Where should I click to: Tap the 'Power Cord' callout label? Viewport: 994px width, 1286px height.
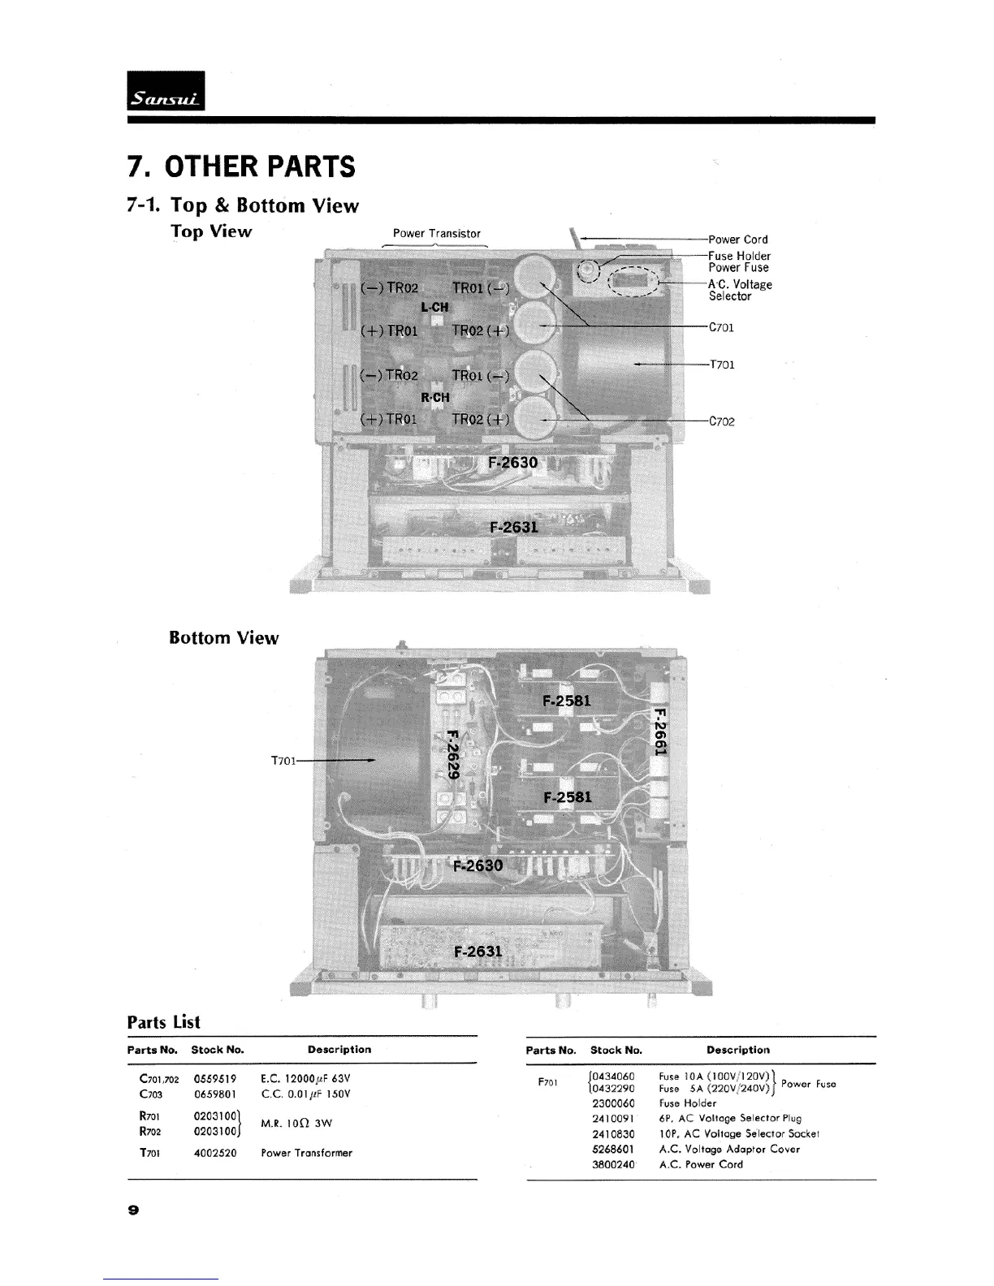737,240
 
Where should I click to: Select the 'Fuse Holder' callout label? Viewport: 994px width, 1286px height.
739,256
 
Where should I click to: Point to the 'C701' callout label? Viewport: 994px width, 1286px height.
721,328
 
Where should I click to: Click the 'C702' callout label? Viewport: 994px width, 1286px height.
722,421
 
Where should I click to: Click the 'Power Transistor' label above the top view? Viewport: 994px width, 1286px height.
437,233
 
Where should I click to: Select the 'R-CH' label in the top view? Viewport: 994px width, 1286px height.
435,397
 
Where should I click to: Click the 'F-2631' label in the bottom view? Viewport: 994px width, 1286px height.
478,950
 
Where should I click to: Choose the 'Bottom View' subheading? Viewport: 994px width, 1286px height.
223,637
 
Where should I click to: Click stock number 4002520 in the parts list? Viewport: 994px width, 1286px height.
215,1152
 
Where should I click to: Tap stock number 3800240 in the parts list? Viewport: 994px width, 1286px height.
613,1164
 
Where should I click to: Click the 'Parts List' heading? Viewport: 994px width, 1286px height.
163,1022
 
